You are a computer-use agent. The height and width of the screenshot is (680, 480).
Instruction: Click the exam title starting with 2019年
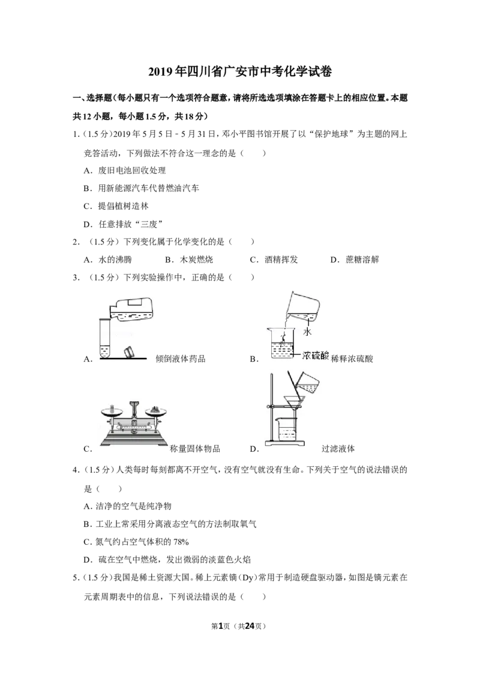(x=240, y=71)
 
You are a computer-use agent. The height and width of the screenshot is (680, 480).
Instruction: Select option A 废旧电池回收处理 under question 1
(x=125, y=171)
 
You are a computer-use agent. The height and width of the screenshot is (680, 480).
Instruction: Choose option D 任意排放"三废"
(x=123, y=224)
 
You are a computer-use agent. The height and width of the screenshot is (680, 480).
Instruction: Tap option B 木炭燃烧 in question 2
(x=189, y=260)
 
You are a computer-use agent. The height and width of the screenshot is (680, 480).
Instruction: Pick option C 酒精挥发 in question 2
(x=274, y=260)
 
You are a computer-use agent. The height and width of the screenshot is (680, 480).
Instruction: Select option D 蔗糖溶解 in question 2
(x=355, y=260)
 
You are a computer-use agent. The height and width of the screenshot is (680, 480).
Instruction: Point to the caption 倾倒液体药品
(x=181, y=359)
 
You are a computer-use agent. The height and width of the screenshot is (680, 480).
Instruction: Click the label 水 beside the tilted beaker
(x=307, y=332)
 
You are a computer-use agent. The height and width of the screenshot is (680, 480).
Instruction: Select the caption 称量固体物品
(x=195, y=449)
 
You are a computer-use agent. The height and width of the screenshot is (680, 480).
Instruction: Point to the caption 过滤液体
(x=338, y=449)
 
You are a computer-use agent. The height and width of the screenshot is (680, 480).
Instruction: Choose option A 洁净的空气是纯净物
(x=127, y=506)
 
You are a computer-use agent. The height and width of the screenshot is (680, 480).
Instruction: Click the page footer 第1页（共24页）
(x=238, y=626)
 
